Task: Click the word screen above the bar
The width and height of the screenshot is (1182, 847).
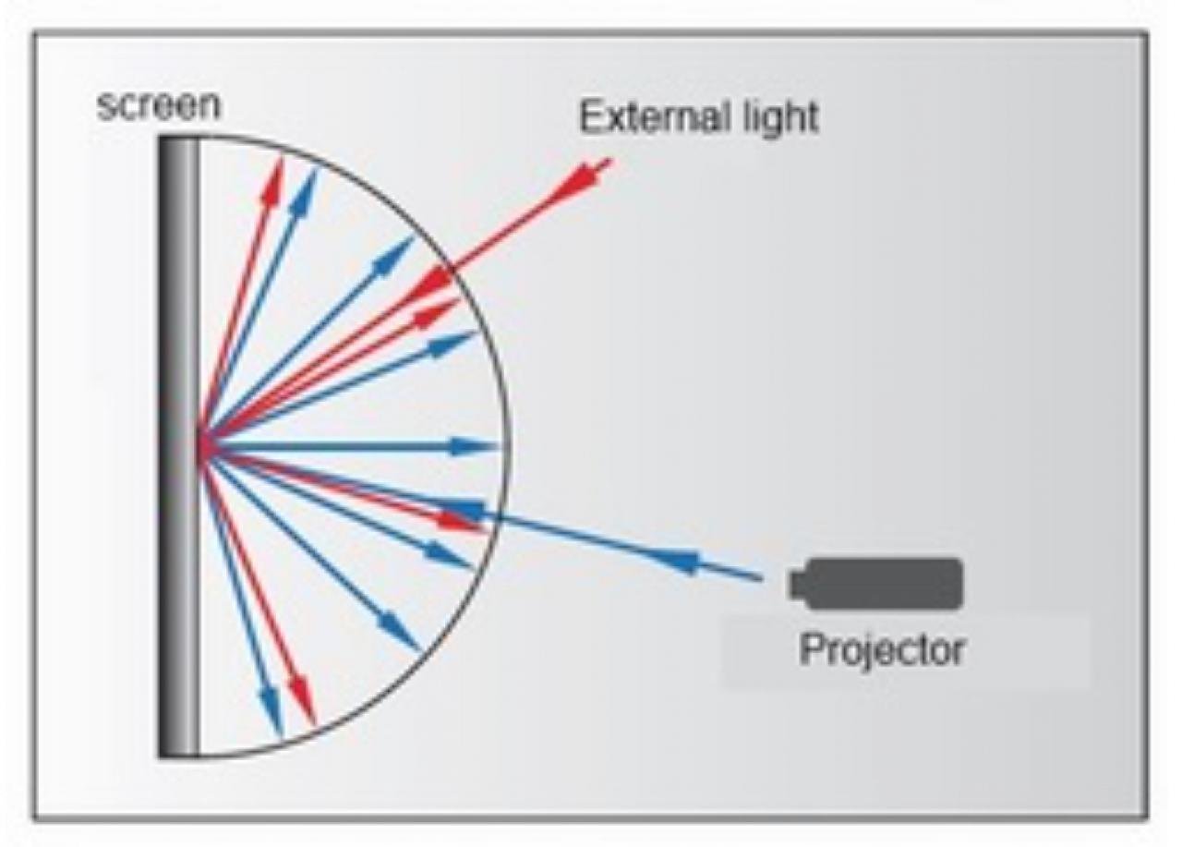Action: pyautogui.click(x=158, y=105)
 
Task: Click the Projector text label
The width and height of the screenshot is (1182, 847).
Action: pyautogui.click(x=882, y=650)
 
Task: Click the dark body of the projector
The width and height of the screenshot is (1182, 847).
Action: pyautogui.click(x=886, y=584)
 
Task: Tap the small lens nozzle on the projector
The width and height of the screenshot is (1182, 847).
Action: pyautogui.click(x=798, y=585)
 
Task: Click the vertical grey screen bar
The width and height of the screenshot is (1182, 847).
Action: pyautogui.click(x=179, y=447)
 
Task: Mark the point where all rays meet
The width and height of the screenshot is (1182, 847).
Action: pyautogui.click(x=202, y=447)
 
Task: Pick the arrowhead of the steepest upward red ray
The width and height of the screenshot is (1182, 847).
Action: pyautogui.click(x=272, y=179)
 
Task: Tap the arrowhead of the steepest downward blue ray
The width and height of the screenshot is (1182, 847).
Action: pyautogui.click(x=272, y=713)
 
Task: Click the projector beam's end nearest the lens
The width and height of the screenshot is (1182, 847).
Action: pyautogui.click(x=761, y=579)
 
